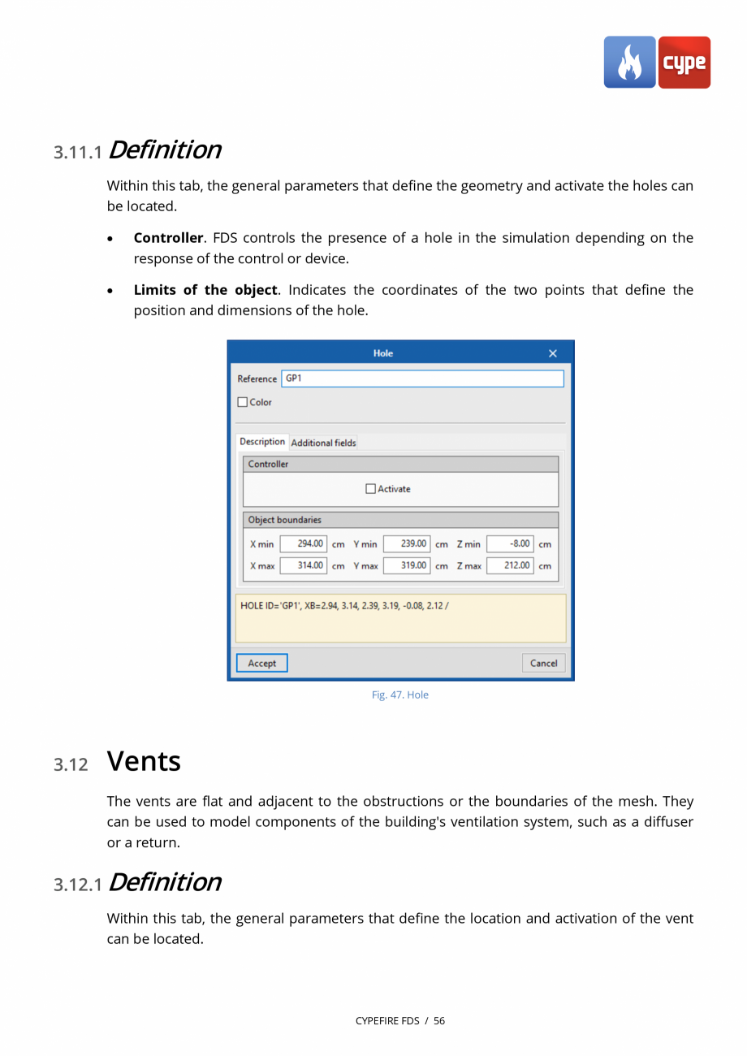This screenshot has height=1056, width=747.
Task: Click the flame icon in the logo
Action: (629, 63)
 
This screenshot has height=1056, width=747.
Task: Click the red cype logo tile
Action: (684, 63)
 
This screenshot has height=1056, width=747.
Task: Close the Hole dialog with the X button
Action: (553, 353)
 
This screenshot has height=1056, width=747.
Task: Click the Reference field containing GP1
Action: (421, 379)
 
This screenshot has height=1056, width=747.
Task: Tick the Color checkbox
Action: (243, 402)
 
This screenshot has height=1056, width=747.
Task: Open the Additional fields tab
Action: (323, 443)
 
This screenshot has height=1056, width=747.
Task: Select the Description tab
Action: (262, 442)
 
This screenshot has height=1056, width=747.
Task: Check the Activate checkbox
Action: (371, 489)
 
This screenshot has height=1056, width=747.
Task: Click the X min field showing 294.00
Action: (304, 543)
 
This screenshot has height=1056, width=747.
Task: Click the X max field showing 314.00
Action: (304, 565)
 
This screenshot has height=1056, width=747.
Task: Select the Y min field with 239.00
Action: (407, 543)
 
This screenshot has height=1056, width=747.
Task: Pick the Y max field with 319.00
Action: (407, 565)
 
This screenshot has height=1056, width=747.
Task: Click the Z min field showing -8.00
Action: (510, 543)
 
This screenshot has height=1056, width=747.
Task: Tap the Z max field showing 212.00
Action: (510, 565)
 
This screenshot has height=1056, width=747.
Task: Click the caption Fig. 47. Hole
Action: (399, 695)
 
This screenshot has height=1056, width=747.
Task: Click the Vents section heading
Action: (144, 761)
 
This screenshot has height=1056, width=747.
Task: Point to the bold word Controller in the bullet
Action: (168, 238)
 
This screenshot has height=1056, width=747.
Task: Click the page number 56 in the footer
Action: (438, 1020)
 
